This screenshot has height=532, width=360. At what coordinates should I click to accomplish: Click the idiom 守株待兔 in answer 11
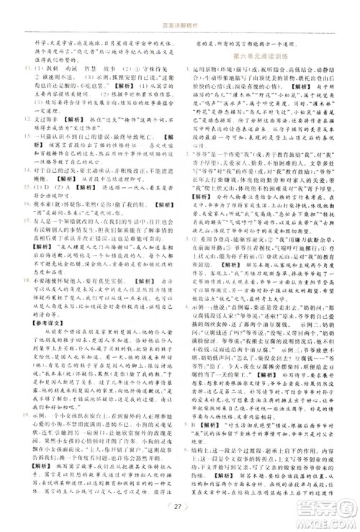(x=153, y=67)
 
